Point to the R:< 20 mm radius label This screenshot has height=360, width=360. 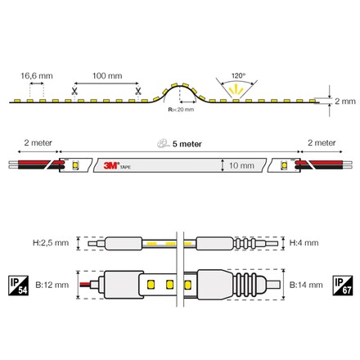(x=181, y=109)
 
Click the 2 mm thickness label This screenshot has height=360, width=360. (x=344, y=101)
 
